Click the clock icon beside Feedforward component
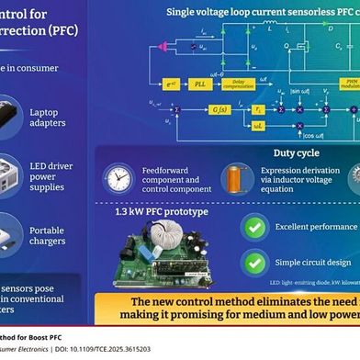pyautogui.click(x=118, y=177)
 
